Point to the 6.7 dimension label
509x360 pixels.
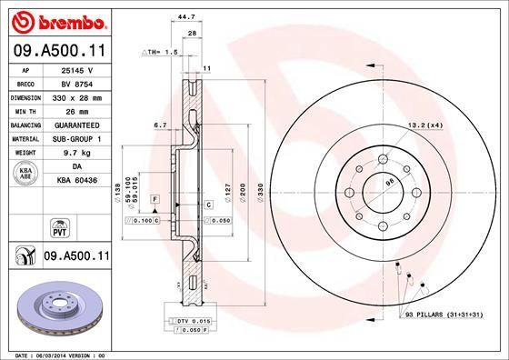pos(161,125)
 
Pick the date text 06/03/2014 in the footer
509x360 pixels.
pos(62,354)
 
